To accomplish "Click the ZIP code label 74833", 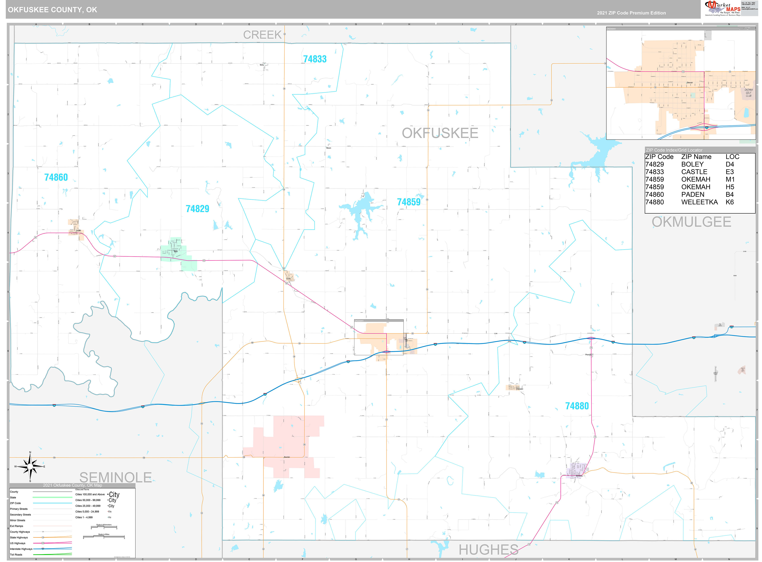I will [315, 59].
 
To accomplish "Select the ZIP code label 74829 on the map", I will [198, 209].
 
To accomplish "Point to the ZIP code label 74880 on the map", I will [577, 406].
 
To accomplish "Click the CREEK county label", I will [262, 35].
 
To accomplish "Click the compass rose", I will [30, 466].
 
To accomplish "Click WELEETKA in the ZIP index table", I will [699, 202].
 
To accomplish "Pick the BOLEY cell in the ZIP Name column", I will [692, 164].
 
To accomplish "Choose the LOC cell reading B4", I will [729, 195].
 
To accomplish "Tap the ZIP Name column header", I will [696, 157].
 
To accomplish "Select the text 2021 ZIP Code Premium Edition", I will [631, 13].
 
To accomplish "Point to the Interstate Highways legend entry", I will [21, 549].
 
